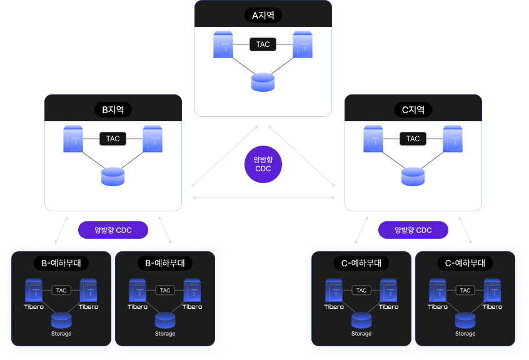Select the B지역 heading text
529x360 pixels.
tap(113, 110)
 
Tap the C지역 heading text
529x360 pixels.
tap(413, 110)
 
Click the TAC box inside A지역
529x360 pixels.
tap(263, 45)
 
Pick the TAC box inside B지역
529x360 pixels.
tap(113, 139)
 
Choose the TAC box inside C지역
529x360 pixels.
tap(413, 139)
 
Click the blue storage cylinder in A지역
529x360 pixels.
tap(263, 82)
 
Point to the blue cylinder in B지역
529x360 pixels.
tap(113, 176)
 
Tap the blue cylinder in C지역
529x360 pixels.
tap(413, 176)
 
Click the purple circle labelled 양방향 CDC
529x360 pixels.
tap(263, 164)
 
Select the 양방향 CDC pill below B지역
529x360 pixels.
tap(113, 230)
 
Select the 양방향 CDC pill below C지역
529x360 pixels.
tap(413, 230)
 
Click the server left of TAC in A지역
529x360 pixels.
tap(223, 45)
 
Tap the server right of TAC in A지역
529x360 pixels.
tap(303, 45)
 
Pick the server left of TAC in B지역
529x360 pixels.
tap(73, 139)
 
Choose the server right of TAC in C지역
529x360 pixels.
tap(453, 139)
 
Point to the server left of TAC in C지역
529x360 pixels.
tap(373, 139)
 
